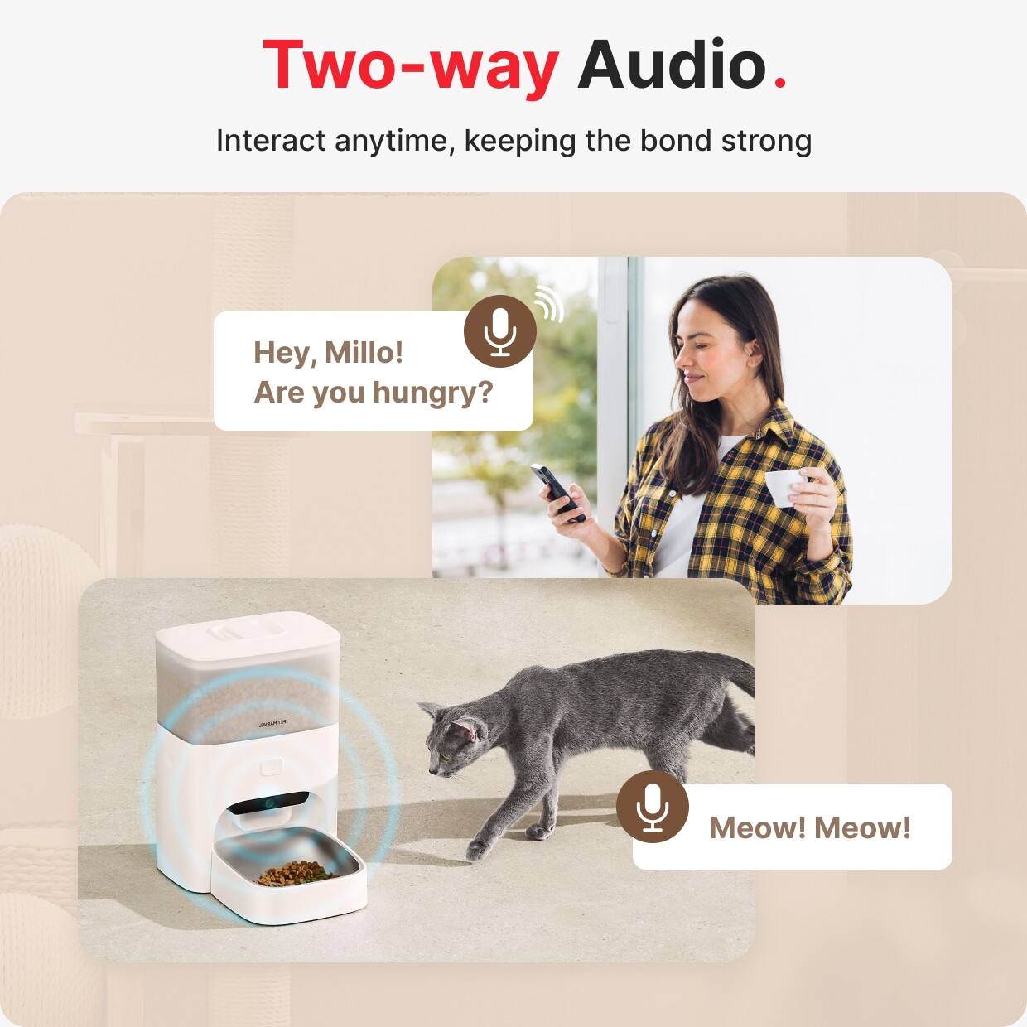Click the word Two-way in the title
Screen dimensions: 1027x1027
click(x=410, y=65)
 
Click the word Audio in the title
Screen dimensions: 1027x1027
click(x=672, y=65)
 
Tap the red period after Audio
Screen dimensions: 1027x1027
click(x=779, y=82)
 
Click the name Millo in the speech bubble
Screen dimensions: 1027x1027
click(x=363, y=352)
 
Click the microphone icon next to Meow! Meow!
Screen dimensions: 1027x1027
click(x=653, y=807)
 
